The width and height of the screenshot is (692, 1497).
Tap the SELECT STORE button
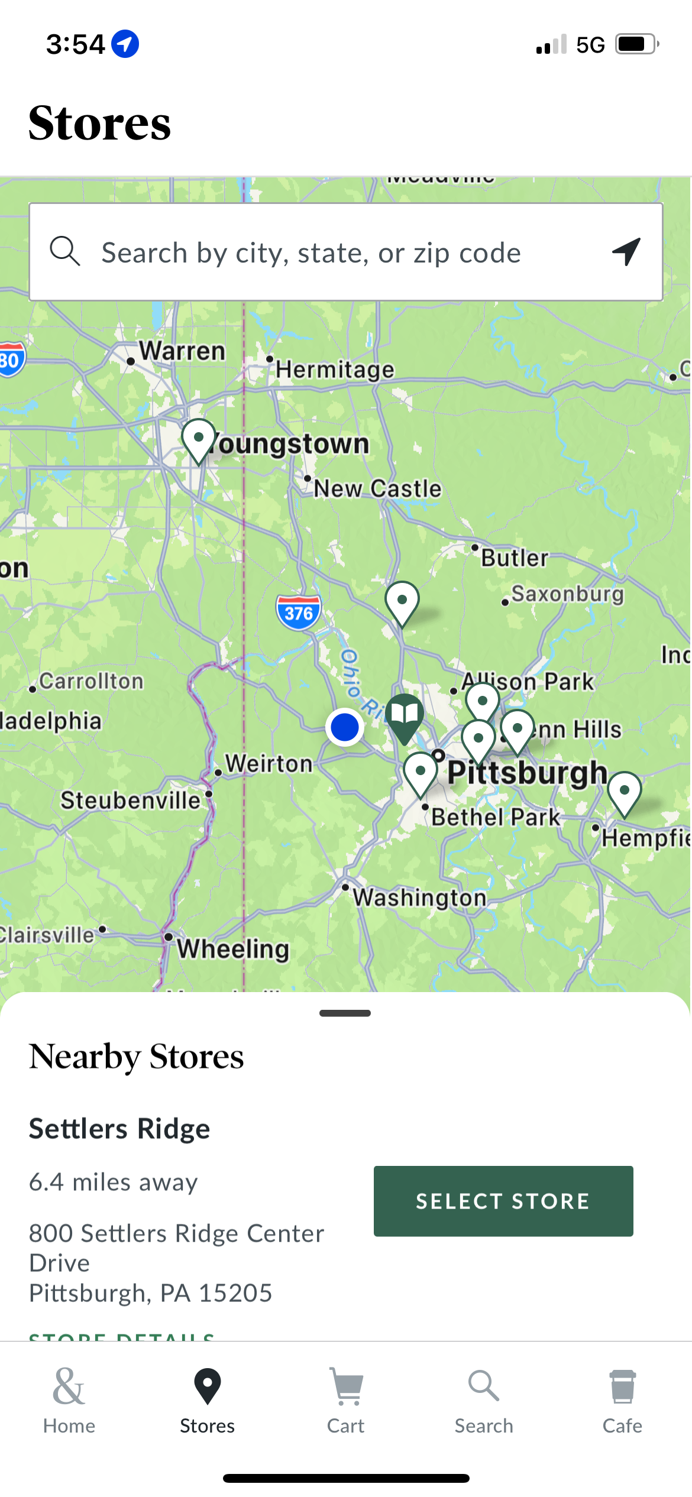(x=503, y=1201)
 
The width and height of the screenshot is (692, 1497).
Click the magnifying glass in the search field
(x=64, y=251)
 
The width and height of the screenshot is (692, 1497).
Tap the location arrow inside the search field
(x=626, y=252)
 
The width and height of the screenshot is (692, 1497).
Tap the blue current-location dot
(x=345, y=727)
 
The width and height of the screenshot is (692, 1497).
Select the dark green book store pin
(x=405, y=715)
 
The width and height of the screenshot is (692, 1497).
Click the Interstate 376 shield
(x=299, y=613)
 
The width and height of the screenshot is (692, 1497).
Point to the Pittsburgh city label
(x=527, y=773)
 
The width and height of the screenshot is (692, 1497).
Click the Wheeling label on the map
(x=233, y=948)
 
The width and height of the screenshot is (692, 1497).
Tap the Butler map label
(x=515, y=558)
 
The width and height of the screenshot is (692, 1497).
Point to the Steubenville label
(x=131, y=800)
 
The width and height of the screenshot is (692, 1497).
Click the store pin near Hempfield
(x=624, y=792)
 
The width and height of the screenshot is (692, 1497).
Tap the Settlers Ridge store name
(x=119, y=1129)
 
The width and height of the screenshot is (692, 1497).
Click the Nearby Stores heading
(x=137, y=1057)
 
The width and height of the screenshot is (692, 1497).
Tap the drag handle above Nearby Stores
(x=345, y=1013)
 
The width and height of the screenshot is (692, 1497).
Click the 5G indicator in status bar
(x=590, y=45)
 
